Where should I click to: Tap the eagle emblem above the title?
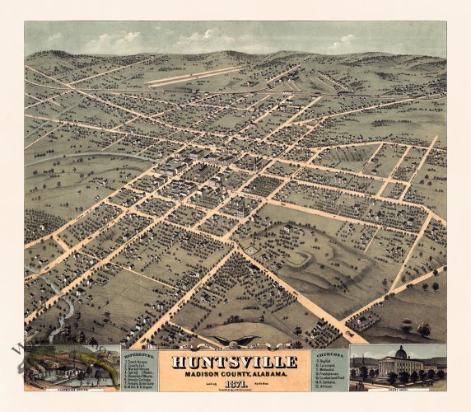pos(235,339)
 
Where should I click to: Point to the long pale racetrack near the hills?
pos(194,77)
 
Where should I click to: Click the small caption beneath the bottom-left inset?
pos(72,390)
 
